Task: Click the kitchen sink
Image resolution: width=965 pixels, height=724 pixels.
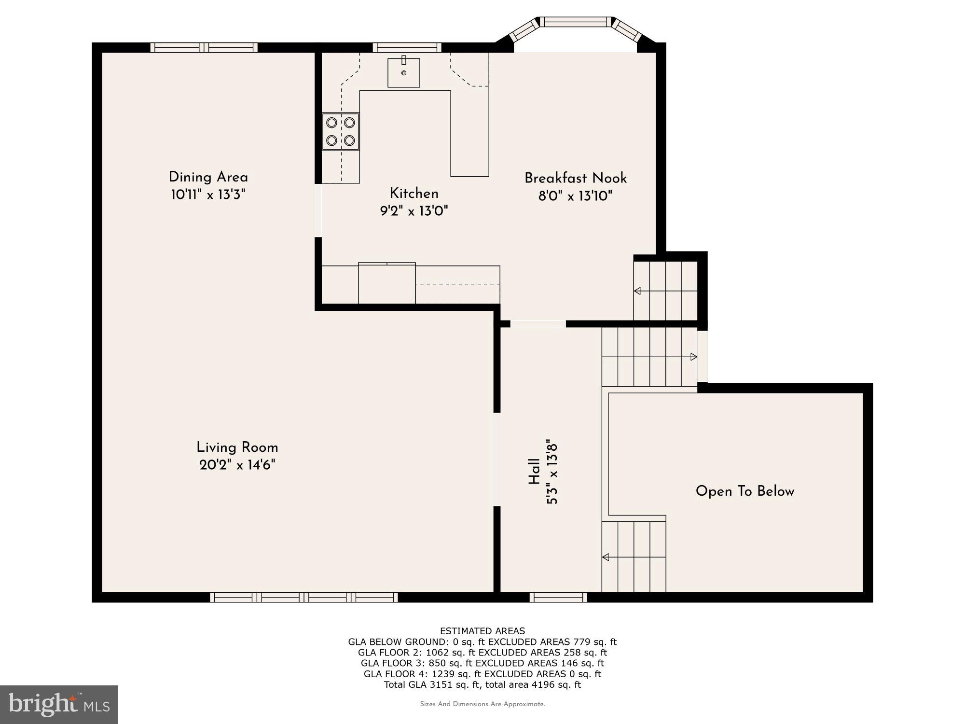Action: [404, 73]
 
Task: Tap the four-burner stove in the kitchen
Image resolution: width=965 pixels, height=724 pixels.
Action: [341, 131]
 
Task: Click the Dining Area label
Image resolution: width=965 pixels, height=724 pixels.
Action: [208, 177]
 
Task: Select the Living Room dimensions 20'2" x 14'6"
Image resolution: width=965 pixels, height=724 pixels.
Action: [237, 465]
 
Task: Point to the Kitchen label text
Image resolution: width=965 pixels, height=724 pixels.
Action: [414, 194]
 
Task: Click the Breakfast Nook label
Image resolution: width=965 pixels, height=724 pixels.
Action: [575, 178]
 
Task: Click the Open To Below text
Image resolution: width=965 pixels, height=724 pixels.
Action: [744, 491]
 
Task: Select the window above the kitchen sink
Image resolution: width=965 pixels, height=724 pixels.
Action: [407, 47]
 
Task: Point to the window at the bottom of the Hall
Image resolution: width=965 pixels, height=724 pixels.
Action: [558, 598]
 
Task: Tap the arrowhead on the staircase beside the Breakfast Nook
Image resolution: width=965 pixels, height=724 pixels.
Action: [637, 291]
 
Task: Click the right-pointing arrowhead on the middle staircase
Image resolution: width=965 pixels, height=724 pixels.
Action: [694, 357]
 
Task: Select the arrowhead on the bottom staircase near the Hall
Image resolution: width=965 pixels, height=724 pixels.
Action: [606, 557]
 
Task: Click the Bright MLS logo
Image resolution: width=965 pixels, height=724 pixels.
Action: [59, 704]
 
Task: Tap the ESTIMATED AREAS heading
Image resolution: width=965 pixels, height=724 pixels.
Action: [482, 631]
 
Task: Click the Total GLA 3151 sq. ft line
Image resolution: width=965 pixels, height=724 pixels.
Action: [482, 684]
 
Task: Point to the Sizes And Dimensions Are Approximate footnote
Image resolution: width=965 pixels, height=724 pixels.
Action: [482, 704]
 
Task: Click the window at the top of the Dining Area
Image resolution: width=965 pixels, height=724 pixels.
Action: [204, 47]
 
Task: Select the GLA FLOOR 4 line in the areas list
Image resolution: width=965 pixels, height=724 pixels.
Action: [482, 674]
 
